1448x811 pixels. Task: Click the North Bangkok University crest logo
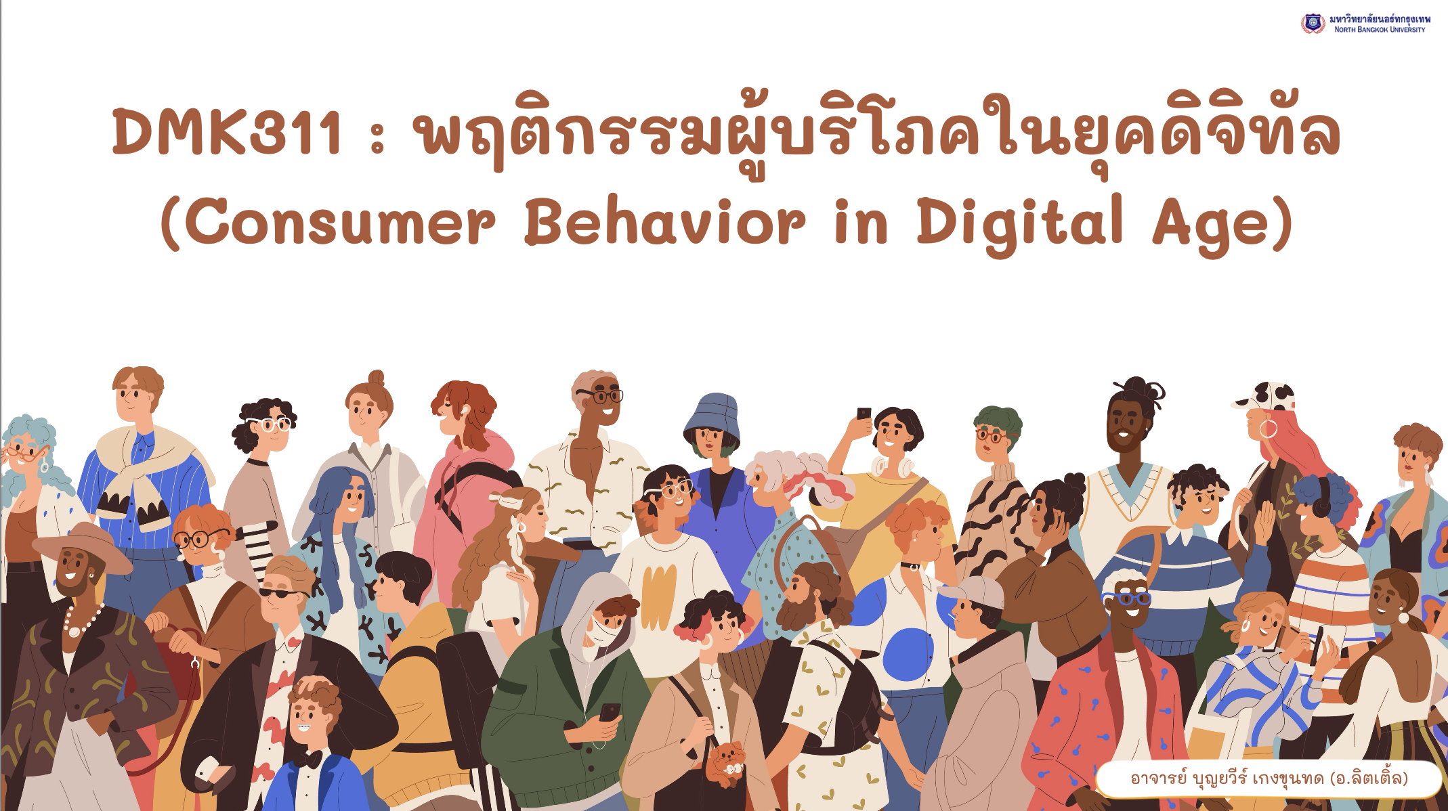click(x=1313, y=24)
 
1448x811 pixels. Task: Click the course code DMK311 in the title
click(x=228, y=132)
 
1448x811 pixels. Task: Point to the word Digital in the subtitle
click(x=1020, y=223)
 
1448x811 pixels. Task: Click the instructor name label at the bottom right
click(x=1269, y=779)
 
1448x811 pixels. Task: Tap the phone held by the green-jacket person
click(x=609, y=713)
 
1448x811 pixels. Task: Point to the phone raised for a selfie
click(x=864, y=414)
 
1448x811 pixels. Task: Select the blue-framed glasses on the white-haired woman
click(x=1125, y=598)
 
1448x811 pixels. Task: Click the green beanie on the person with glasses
click(x=998, y=420)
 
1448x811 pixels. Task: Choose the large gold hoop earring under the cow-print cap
click(x=1268, y=429)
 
